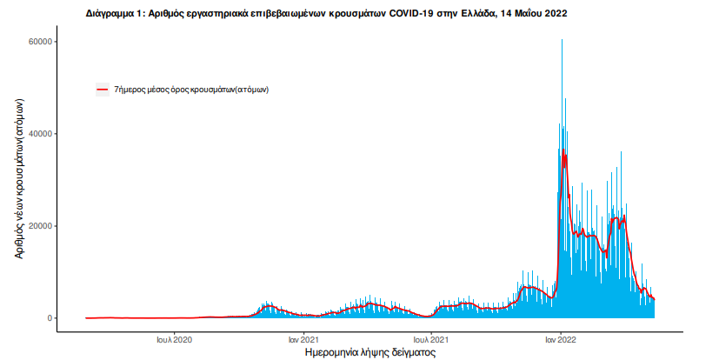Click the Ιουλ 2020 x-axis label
175,339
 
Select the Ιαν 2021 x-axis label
303,339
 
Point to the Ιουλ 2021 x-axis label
431,339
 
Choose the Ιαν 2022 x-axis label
560,339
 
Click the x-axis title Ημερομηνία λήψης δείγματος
370,354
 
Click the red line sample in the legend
103,89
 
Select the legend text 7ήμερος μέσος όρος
190,89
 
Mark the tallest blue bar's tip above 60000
562,40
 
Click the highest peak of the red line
564,152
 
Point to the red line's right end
654,299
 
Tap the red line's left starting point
86,318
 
